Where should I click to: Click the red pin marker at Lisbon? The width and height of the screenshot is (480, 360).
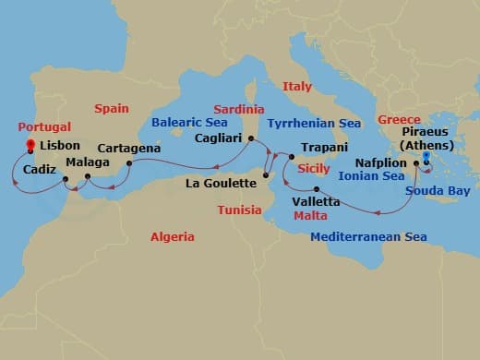(30, 145)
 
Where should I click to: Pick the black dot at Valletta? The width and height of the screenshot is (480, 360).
(317, 190)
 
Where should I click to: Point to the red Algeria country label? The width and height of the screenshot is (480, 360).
(173, 237)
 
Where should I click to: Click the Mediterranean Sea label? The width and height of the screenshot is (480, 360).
(368, 237)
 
